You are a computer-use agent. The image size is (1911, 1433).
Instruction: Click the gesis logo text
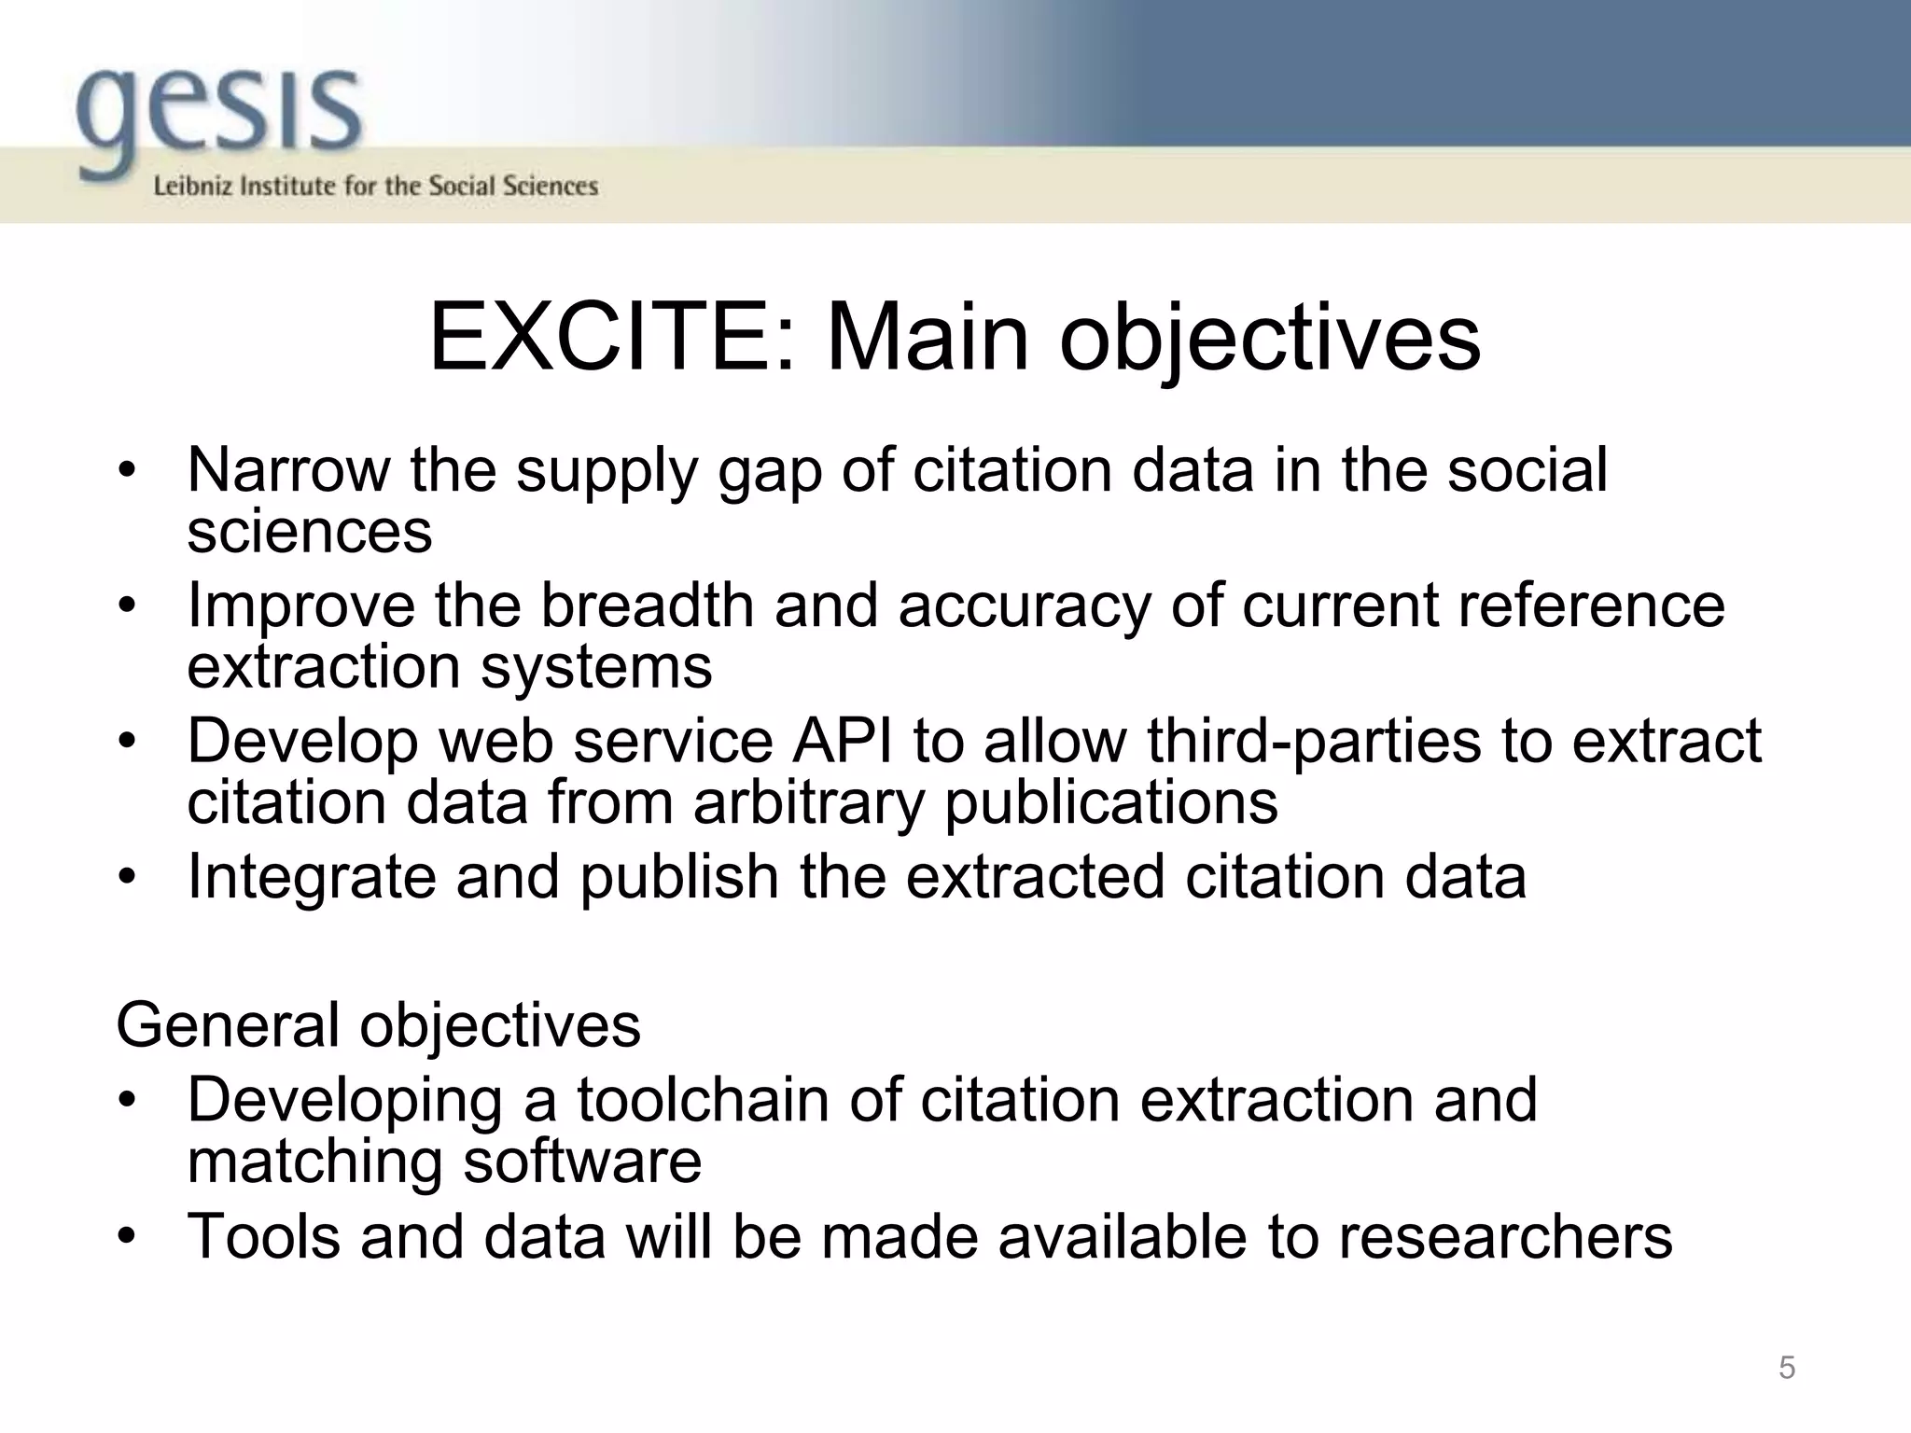pyautogui.click(x=218, y=117)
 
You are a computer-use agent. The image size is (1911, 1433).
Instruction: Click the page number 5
pyautogui.click(x=1786, y=1368)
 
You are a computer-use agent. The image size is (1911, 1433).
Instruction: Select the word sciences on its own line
pyautogui.click(x=310, y=532)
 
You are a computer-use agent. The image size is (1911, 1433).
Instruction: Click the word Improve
pyautogui.click(x=301, y=606)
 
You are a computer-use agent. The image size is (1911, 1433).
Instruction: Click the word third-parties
pyautogui.click(x=1315, y=741)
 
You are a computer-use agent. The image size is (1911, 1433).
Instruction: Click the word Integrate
pyautogui.click(x=312, y=878)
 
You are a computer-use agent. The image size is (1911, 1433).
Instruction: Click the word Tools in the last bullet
pyautogui.click(x=264, y=1236)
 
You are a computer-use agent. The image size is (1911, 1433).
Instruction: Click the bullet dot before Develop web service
pyautogui.click(x=128, y=743)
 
